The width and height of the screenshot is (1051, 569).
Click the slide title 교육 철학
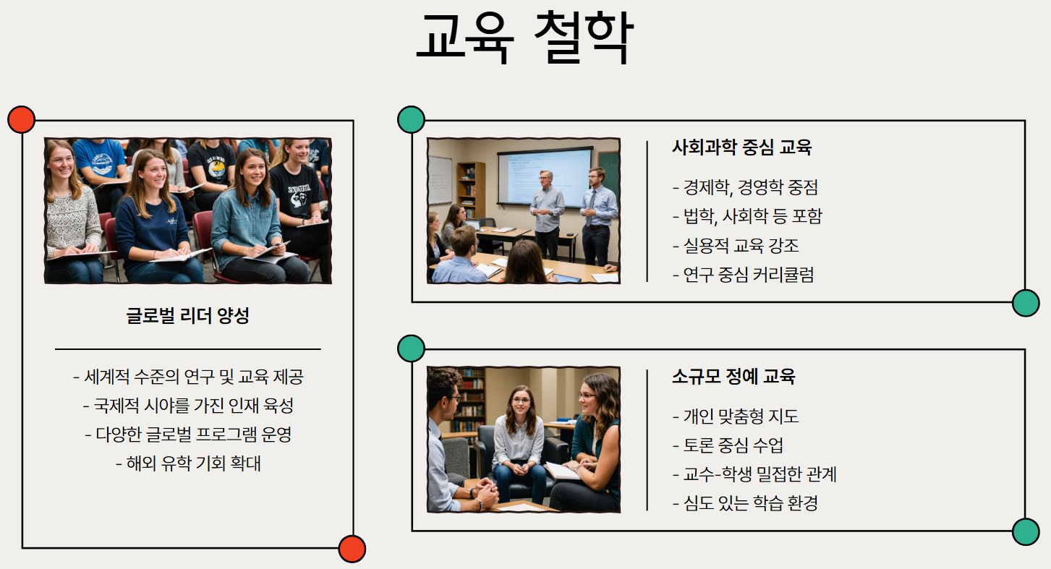click(x=524, y=38)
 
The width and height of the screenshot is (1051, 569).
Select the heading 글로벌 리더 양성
click(x=187, y=316)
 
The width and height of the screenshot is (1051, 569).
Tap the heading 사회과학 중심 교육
click(x=741, y=148)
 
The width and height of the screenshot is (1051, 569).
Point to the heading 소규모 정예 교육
click(x=733, y=377)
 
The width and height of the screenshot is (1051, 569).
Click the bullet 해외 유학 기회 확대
click(x=188, y=463)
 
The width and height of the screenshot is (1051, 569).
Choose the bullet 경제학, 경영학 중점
click(x=745, y=188)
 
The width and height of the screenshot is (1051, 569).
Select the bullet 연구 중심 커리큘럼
click(x=743, y=275)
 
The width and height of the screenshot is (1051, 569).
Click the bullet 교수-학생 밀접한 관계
click(x=754, y=474)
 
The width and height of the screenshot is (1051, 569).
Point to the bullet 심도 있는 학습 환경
click(x=745, y=503)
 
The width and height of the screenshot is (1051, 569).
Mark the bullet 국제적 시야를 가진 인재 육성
click(x=188, y=406)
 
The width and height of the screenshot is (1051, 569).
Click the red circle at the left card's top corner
click(x=21, y=119)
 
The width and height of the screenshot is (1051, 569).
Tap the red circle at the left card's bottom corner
click(x=352, y=549)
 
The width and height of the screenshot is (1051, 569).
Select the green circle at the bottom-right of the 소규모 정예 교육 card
click(x=1026, y=531)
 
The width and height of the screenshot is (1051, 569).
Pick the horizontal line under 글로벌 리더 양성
click(x=187, y=349)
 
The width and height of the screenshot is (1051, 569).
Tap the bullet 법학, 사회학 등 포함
click(x=747, y=217)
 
